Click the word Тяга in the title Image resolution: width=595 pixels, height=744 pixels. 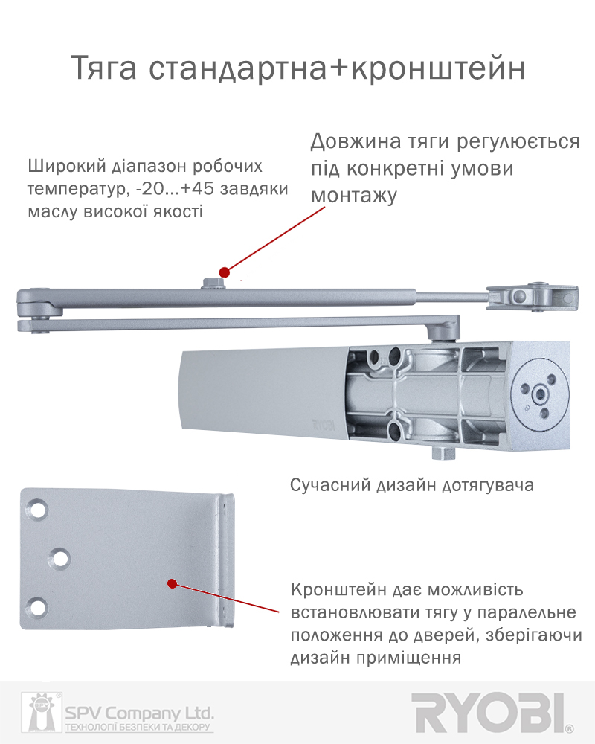(104, 68)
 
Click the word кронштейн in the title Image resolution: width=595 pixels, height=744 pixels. (438, 68)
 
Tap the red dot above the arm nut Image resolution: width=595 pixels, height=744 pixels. (225, 272)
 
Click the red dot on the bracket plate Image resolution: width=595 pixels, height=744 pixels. (173, 583)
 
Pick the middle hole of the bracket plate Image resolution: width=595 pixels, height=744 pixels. (59, 558)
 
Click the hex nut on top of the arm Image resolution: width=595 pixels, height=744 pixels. (213, 283)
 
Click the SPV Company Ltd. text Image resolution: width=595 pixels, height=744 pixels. (139, 713)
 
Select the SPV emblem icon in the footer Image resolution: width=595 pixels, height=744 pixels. (42, 712)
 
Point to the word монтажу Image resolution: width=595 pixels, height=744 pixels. (354, 196)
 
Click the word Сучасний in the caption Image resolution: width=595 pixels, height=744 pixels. (330, 485)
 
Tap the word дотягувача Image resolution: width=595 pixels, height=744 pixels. (488, 486)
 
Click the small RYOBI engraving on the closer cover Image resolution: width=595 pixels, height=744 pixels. (324, 425)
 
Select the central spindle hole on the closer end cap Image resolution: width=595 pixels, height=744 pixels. (540, 394)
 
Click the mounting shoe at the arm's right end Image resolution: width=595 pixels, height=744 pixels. (533, 297)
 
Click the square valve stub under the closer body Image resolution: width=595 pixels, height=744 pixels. (443, 452)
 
